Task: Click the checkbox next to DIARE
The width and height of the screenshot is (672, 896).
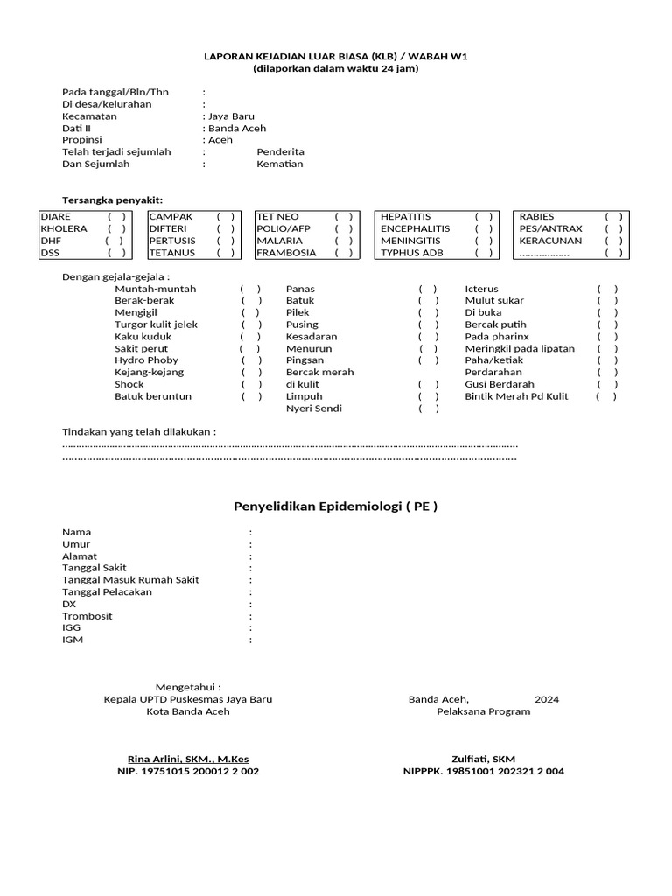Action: click(117, 217)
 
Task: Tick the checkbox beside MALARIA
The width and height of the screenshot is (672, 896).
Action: click(344, 241)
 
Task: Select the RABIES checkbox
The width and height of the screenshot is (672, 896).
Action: click(613, 217)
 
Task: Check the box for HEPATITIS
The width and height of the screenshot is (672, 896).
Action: click(484, 217)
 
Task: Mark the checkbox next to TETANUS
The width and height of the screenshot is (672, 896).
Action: click(226, 253)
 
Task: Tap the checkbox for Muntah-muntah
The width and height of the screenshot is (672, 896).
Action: click(251, 289)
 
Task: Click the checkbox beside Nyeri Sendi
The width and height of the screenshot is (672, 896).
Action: click(429, 409)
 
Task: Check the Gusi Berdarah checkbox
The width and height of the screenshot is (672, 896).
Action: click(607, 384)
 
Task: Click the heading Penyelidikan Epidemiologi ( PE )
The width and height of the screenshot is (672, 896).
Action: click(335, 507)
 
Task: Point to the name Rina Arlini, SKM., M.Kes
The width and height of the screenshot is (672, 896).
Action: click(188, 759)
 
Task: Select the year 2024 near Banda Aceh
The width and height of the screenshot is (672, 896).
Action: click(547, 699)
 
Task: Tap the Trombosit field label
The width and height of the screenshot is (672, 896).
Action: click(87, 616)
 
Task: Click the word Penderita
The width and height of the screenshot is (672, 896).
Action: click(280, 151)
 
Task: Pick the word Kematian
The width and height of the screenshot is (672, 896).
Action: click(279, 164)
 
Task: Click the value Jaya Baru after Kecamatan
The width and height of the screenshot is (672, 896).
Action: click(231, 115)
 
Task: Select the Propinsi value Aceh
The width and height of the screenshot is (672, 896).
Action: click(220, 140)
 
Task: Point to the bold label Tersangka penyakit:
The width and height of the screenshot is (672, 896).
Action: click(112, 200)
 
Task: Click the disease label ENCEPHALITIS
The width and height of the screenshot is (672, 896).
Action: click(415, 228)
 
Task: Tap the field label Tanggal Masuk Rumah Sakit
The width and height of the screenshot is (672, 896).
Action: click(130, 580)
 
